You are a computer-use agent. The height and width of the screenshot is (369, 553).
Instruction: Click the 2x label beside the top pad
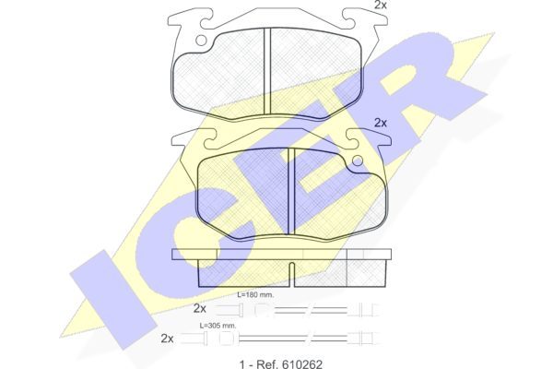[380, 5]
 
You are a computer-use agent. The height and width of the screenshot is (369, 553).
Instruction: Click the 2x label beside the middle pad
[380, 123]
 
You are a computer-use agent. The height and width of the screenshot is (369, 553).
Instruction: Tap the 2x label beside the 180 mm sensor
[200, 308]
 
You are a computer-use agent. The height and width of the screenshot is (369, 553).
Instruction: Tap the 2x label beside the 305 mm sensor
[167, 339]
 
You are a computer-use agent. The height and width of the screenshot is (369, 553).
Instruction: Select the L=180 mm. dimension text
[255, 294]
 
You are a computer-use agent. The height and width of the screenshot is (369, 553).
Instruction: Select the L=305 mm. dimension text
[218, 326]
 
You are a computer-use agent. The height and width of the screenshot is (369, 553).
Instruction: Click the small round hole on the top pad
[201, 41]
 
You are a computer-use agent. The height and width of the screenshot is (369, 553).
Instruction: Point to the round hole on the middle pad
[358, 161]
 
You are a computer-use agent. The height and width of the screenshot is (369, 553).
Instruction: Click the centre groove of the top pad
[267, 71]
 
